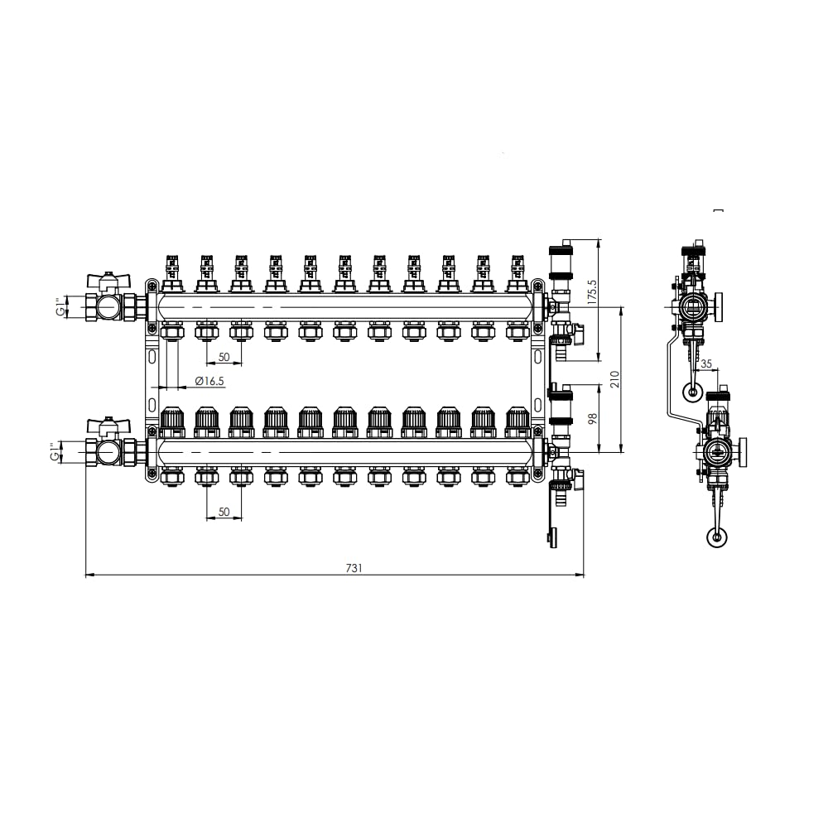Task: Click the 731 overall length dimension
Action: click(x=354, y=568)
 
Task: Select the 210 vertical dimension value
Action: click(x=614, y=379)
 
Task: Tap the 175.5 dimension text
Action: click(x=592, y=291)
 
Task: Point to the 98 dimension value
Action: click(x=593, y=418)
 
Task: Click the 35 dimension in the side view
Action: click(x=706, y=363)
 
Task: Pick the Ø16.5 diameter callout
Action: click(x=209, y=381)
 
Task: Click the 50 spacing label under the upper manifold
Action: click(x=224, y=357)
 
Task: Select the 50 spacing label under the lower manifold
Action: click(x=224, y=512)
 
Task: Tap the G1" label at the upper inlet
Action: click(x=62, y=306)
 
